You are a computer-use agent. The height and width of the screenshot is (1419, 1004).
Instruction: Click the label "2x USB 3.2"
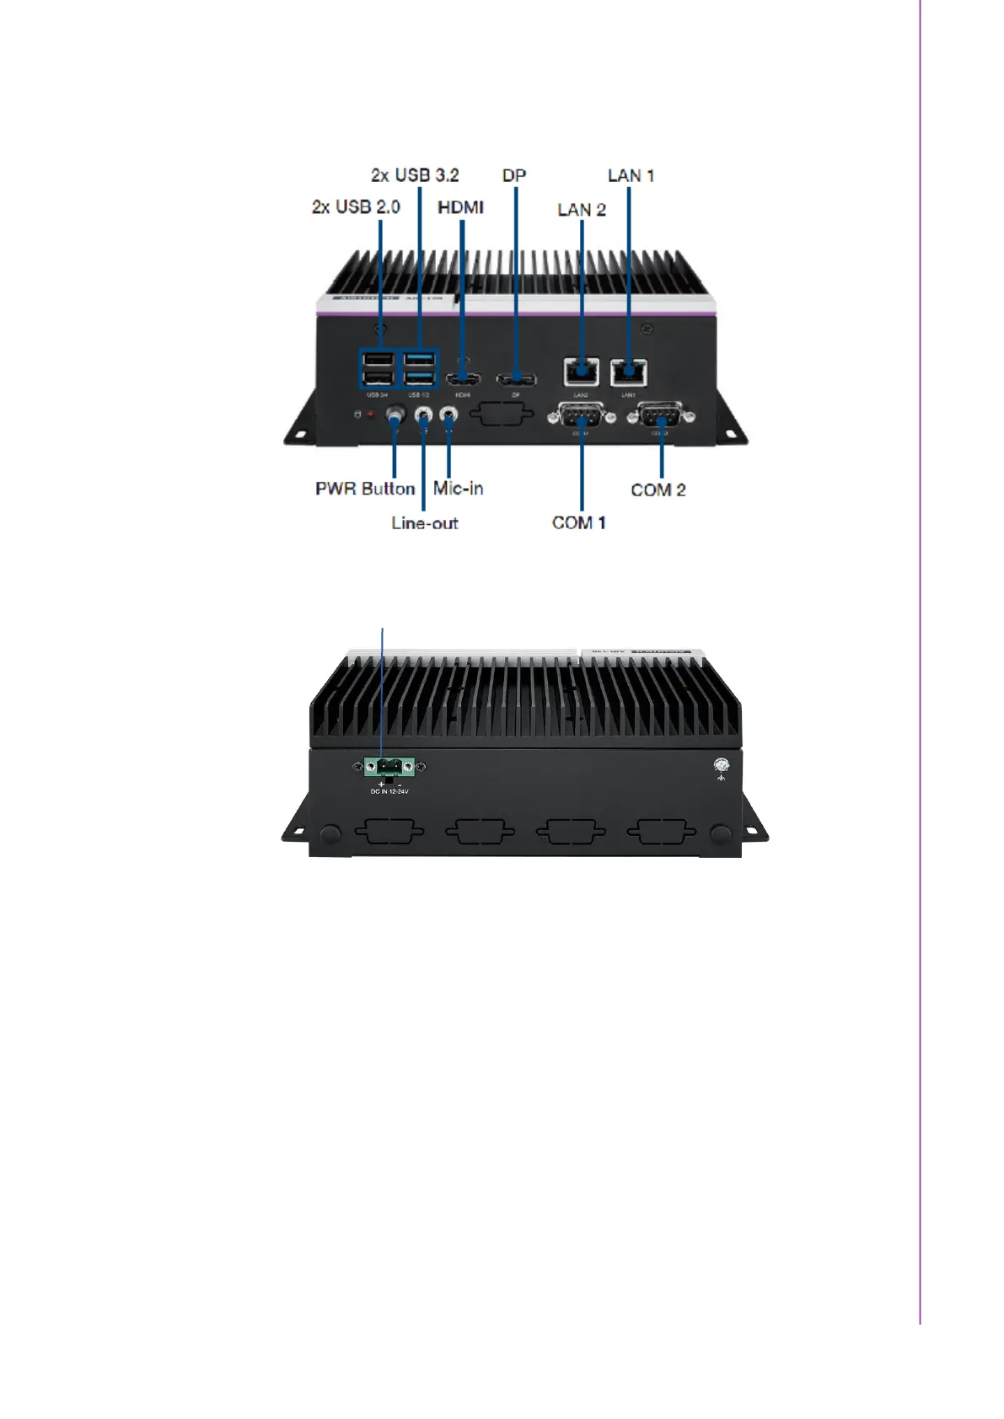[x=415, y=175]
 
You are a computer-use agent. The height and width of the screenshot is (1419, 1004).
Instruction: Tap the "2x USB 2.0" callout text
[x=356, y=207]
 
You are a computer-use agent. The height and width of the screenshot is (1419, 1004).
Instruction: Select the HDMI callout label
[x=460, y=207]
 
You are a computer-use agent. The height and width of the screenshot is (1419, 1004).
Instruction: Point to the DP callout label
[x=514, y=175]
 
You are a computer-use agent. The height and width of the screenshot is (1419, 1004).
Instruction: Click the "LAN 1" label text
[x=631, y=175]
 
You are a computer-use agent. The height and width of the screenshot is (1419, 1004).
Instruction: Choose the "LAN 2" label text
[x=582, y=210]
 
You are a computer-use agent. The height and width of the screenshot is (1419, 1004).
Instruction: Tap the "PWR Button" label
[x=365, y=489]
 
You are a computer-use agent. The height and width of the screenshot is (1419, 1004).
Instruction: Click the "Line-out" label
[x=425, y=523]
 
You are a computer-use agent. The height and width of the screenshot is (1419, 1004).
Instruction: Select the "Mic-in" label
[x=458, y=489]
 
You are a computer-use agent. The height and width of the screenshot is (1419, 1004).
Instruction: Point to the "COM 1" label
[x=578, y=523]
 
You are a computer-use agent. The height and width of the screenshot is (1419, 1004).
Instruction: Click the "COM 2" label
[x=658, y=490]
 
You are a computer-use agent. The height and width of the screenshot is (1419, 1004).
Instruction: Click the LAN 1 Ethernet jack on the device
[x=629, y=371]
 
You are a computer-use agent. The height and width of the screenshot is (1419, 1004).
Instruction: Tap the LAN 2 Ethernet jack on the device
[x=582, y=371]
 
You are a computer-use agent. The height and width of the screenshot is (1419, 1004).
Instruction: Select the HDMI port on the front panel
[x=462, y=378]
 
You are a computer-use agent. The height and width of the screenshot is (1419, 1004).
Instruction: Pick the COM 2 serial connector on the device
[x=660, y=415]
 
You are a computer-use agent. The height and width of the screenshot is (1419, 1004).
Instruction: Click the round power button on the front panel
[x=395, y=415]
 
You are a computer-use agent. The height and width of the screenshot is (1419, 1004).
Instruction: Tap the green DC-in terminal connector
[x=388, y=767]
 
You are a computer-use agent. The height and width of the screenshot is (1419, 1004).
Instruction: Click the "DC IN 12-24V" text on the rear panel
[x=389, y=791]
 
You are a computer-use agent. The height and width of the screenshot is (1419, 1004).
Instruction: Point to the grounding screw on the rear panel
[x=722, y=765]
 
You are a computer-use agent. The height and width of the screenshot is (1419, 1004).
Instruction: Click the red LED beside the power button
[x=370, y=415]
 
